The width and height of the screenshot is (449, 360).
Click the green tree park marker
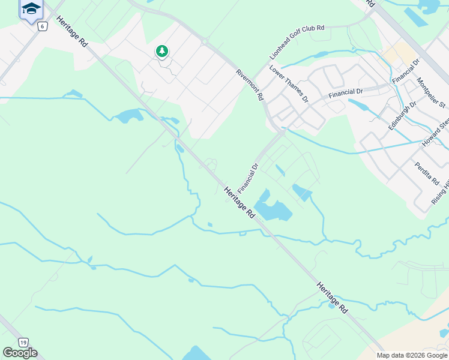(x=161, y=52)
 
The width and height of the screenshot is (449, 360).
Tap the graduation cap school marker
(x=31, y=9)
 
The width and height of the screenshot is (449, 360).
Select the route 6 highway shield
(x=42, y=26)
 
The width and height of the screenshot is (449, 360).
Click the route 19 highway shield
(x=23, y=342)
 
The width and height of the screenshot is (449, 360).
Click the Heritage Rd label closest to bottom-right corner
(x=332, y=298)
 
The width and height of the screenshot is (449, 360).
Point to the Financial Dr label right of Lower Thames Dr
(x=346, y=92)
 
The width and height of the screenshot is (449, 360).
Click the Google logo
(x=20, y=353)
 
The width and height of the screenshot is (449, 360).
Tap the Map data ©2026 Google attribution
(x=411, y=355)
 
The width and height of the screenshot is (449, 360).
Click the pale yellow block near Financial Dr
(x=394, y=55)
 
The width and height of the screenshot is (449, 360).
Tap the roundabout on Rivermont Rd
(x=205, y=42)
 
